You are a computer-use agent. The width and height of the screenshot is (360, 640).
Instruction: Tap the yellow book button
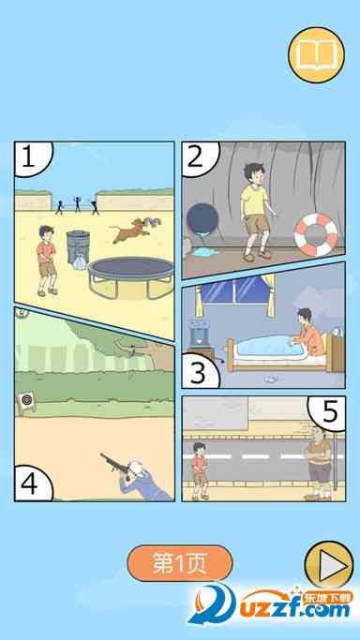[x=316, y=55]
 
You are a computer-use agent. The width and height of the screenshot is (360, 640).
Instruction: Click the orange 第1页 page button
[x=180, y=563]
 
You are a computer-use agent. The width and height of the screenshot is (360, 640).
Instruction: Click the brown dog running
[x=136, y=230]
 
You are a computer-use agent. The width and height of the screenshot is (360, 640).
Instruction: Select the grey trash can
[x=78, y=247]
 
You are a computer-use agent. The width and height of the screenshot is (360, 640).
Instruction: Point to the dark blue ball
[x=202, y=219]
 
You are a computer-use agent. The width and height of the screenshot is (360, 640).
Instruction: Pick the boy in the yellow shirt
[x=256, y=211]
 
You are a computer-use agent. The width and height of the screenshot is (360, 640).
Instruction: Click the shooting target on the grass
[x=26, y=402]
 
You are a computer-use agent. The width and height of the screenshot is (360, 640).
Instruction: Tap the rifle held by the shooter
[x=115, y=466]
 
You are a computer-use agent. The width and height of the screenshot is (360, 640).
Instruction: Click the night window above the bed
[x=233, y=290]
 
